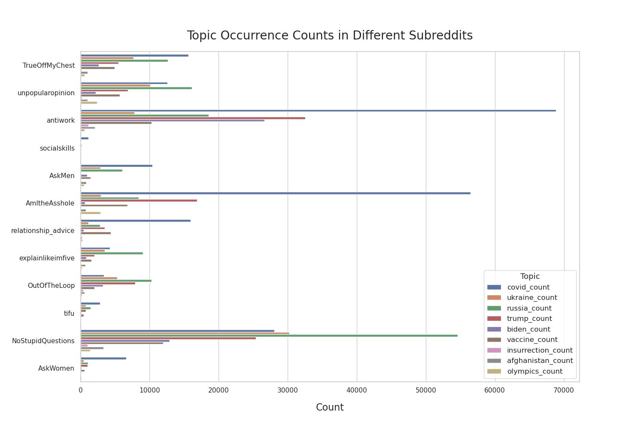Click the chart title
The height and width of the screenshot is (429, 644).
[330, 36]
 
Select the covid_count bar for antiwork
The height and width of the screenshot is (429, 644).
[318, 111]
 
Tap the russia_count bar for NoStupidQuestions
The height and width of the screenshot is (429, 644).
[269, 335]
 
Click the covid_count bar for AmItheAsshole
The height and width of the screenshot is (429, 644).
[276, 193]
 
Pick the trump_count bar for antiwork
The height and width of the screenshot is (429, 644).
[193, 118]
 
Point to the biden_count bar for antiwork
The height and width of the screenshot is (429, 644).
[173, 121]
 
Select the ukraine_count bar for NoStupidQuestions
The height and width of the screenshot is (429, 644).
[185, 333]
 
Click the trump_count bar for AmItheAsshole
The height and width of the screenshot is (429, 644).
[139, 200]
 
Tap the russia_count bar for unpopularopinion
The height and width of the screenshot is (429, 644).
[136, 88]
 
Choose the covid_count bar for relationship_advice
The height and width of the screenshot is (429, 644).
[136, 221]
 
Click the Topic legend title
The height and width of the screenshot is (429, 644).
[530, 277]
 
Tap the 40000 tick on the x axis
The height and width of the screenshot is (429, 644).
[357, 390]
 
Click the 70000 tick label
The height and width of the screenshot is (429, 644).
[564, 390]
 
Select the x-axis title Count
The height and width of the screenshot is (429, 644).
[330, 408]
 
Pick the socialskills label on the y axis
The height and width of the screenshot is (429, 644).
[57, 148]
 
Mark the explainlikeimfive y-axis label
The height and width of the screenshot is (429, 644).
[47, 258]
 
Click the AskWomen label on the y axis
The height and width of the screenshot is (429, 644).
[56, 369]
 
